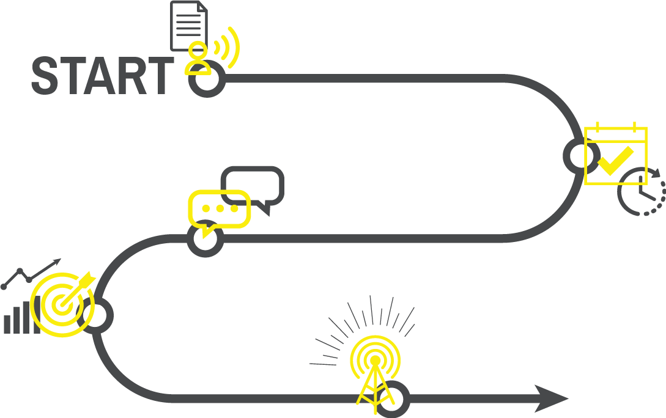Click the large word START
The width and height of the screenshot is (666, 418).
point(102,76)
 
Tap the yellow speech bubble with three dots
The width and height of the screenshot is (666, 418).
point(218,209)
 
